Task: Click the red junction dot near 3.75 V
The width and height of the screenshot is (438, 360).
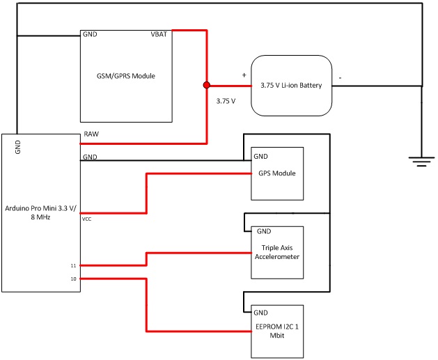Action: tap(206, 85)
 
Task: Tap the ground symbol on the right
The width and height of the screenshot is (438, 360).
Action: tap(420, 162)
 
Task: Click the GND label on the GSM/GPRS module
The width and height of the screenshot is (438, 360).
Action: tap(91, 33)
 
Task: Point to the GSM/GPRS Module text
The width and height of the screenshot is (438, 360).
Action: tap(126, 75)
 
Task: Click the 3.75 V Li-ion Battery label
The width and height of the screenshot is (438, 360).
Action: tap(290, 85)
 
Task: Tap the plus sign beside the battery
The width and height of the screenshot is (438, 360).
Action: tap(244, 75)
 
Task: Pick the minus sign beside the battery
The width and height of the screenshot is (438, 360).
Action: tap(339, 78)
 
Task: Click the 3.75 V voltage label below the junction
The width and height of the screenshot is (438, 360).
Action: tap(226, 101)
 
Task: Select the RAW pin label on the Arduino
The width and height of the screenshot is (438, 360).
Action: tap(91, 133)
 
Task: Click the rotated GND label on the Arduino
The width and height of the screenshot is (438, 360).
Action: tap(18, 147)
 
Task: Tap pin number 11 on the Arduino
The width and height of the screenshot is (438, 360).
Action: tap(73, 265)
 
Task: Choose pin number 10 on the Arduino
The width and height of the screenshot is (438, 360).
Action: tap(73, 279)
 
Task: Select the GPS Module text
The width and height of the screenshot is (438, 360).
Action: tap(277, 173)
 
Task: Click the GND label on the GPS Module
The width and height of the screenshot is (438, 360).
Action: tap(261, 156)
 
